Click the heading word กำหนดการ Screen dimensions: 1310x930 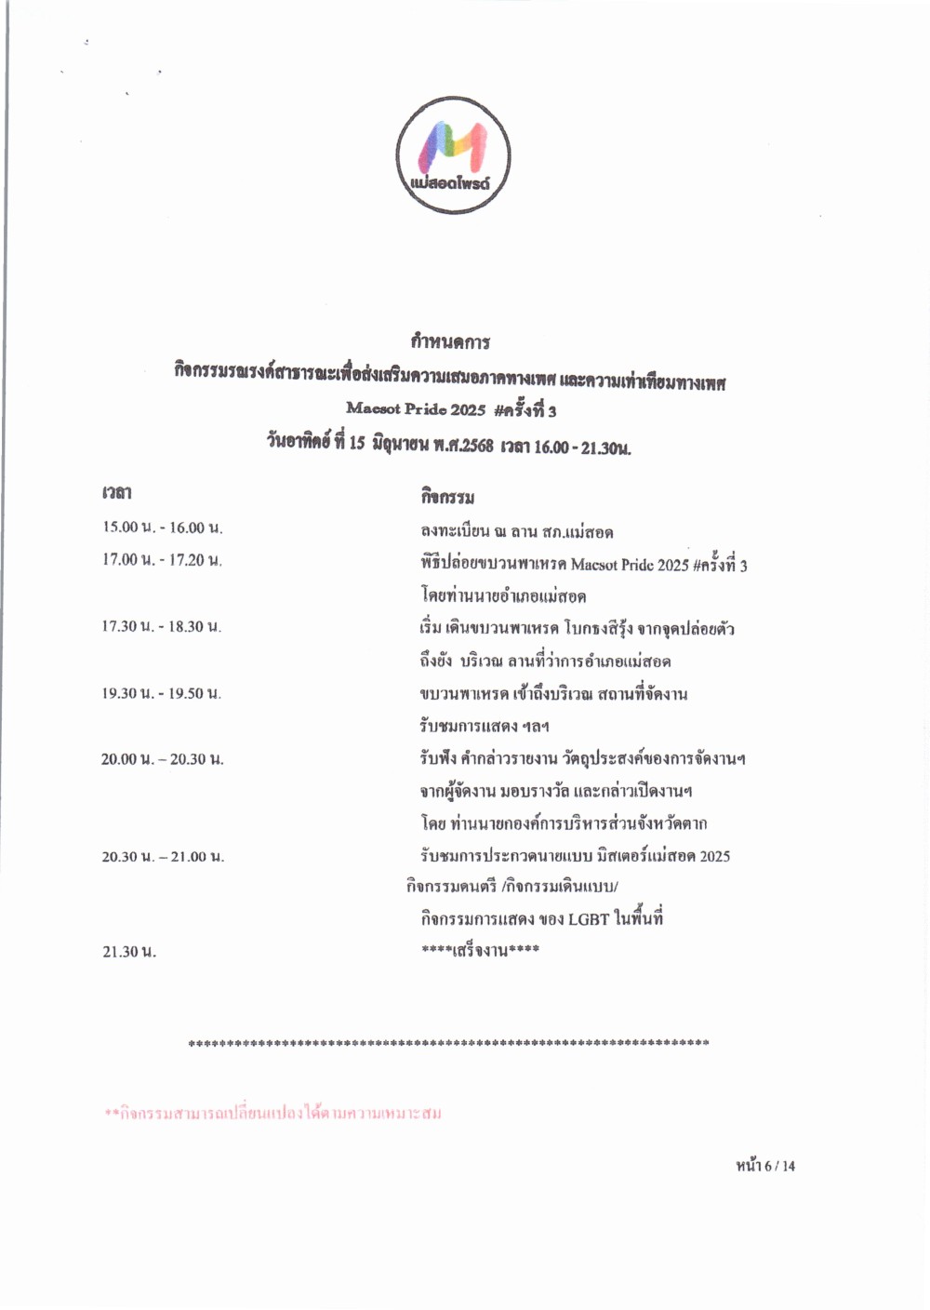[x=450, y=341]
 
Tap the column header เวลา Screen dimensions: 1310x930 [x=117, y=492]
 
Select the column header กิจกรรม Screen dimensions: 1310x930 [x=447, y=497]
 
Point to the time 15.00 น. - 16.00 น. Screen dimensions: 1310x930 [x=163, y=528]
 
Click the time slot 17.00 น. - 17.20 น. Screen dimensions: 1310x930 [x=163, y=560]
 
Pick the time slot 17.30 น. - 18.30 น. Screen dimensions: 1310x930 [x=162, y=627]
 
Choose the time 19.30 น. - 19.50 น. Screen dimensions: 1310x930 [x=162, y=693]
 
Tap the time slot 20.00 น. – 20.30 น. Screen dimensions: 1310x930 [x=163, y=759]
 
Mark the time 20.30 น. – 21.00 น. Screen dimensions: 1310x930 [x=163, y=857]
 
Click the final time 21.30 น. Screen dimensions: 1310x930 [x=129, y=952]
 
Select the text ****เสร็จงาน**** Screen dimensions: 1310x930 [x=480, y=951]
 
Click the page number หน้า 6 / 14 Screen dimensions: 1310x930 [x=765, y=1166]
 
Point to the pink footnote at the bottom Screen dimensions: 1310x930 [x=272, y=1113]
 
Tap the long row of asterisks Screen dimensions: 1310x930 [x=448, y=1044]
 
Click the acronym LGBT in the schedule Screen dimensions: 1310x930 [x=588, y=919]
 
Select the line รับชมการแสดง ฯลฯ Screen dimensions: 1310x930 [x=484, y=726]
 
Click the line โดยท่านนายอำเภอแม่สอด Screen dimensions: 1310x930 [x=502, y=595]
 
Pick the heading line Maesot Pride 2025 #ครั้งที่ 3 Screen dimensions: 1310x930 [x=451, y=409]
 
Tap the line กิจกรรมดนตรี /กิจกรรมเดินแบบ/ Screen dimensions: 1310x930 [x=511, y=886]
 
